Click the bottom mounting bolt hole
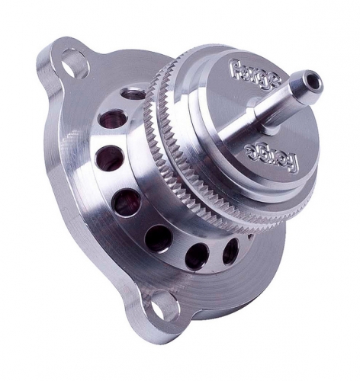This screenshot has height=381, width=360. coord(162,303)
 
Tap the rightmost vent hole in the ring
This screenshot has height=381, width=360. coord(231,251)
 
